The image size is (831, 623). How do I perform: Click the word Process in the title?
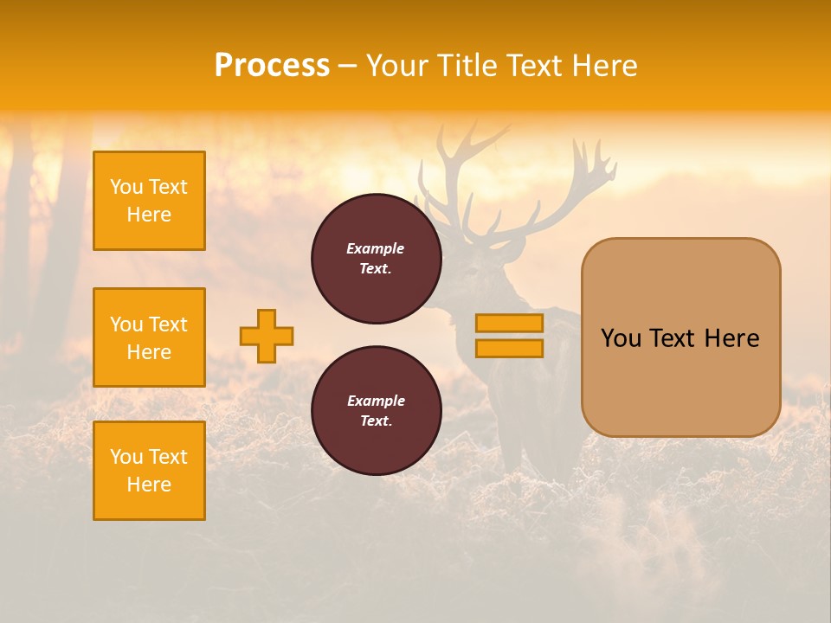pos(272,66)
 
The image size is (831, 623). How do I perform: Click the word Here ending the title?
pos(603,66)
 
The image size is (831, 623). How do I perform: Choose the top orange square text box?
pos(149,201)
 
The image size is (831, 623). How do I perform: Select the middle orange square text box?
pos(149,337)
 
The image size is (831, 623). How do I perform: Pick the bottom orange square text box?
pos(149,471)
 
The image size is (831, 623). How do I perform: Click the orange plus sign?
pos(267,336)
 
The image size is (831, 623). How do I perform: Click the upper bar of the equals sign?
pos(509,323)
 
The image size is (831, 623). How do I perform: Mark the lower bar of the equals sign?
pos(509,349)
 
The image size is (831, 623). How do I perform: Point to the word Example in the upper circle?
pos(376,248)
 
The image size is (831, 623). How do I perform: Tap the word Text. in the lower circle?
pos(376,421)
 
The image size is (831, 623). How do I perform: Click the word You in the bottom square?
pos(126,457)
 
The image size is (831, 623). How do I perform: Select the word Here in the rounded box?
pos(731,338)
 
